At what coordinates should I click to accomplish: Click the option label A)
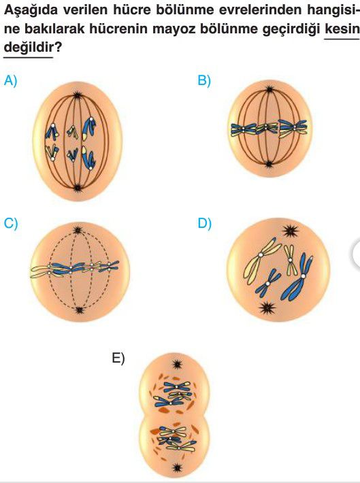tap(10, 81)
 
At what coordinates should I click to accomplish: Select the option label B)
tap(204, 81)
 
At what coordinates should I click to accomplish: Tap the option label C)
tap(11, 223)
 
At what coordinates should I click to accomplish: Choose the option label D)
tap(205, 223)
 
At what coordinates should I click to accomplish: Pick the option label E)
tap(118, 359)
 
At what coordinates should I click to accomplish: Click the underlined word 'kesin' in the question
tap(342, 29)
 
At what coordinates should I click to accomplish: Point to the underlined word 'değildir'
tap(29, 47)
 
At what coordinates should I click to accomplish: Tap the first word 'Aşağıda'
tap(31, 11)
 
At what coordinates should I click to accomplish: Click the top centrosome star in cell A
tap(77, 95)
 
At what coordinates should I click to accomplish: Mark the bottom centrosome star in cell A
tap(77, 187)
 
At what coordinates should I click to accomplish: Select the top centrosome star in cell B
tap(269, 90)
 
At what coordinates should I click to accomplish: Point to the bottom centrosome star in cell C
tap(80, 310)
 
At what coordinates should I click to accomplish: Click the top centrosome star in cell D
tap(291, 231)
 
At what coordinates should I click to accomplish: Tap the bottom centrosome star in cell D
tap(267, 307)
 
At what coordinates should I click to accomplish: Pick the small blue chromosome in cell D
tap(267, 283)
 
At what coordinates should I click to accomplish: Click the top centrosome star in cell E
tap(177, 365)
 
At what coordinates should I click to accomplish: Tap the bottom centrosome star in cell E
tap(177, 468)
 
